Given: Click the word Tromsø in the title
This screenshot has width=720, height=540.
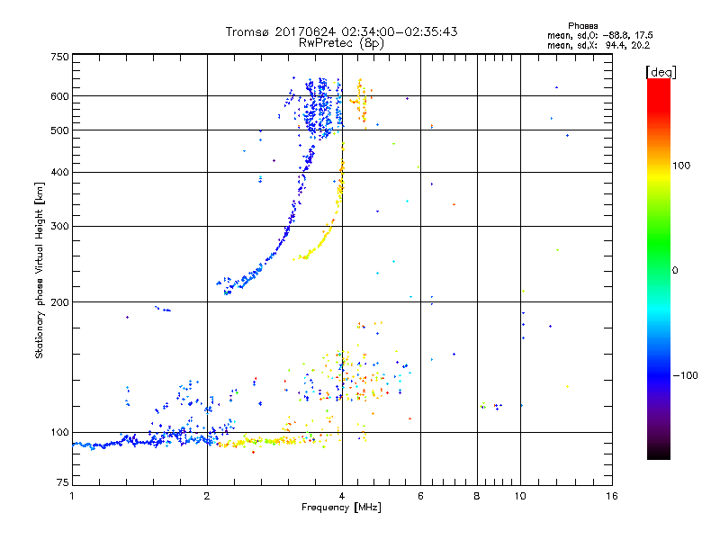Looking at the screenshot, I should (x=247, y=32).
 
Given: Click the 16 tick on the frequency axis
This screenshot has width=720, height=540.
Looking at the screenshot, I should (x=611, y=496).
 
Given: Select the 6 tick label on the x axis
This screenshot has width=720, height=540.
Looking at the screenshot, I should (x=420, y=496).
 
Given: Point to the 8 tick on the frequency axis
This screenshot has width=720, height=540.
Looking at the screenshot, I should (x=477, y=496).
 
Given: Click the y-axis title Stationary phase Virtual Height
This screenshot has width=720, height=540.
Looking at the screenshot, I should (x=40, y=270).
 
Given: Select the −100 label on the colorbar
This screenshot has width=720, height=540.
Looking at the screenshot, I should (x=686, y=375).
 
